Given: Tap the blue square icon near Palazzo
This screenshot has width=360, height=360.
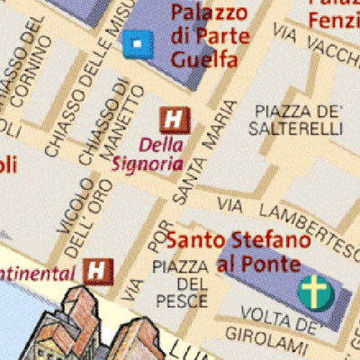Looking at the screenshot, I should click(x=136, y=41).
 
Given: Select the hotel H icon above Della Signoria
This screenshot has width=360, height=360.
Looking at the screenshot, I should click(x=173, y=119).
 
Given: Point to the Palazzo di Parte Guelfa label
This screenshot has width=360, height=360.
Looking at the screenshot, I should click(x=204, y=38).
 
